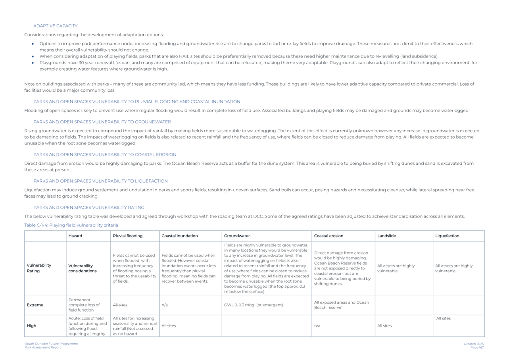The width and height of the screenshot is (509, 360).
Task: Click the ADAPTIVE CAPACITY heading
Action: click(55, 26)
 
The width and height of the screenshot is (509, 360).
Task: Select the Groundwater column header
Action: click(237, 236)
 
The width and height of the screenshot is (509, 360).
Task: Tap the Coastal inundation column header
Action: click(179, 236)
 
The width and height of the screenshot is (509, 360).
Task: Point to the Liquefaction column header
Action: click(447, 236)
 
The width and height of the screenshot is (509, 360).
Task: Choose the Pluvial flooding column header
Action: click(127, 236)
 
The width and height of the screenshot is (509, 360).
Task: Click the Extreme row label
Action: click(35, 305)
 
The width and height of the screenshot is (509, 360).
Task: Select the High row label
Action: click(31, 325)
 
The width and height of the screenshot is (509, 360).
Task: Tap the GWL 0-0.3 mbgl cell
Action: click(254, 305)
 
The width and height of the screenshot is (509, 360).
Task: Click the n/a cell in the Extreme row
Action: click(165, 305)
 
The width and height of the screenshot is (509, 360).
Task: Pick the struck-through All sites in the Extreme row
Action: click(120, 305)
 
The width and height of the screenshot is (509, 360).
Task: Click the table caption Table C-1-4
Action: click(71, 225)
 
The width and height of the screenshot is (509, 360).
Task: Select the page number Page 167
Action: click(477, 347)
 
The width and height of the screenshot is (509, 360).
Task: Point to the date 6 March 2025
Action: click(474, 344)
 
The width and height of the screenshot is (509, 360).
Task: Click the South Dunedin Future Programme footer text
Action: click(52, 344)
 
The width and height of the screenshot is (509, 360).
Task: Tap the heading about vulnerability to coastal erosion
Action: click(105, 154)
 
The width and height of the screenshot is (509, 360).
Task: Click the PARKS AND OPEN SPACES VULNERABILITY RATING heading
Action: click(88, 207)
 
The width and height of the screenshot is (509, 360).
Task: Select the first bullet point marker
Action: click(33, 44)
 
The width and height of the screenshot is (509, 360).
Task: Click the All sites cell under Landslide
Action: click(384, 325)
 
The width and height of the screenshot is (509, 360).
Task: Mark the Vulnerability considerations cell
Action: click(83, 268)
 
